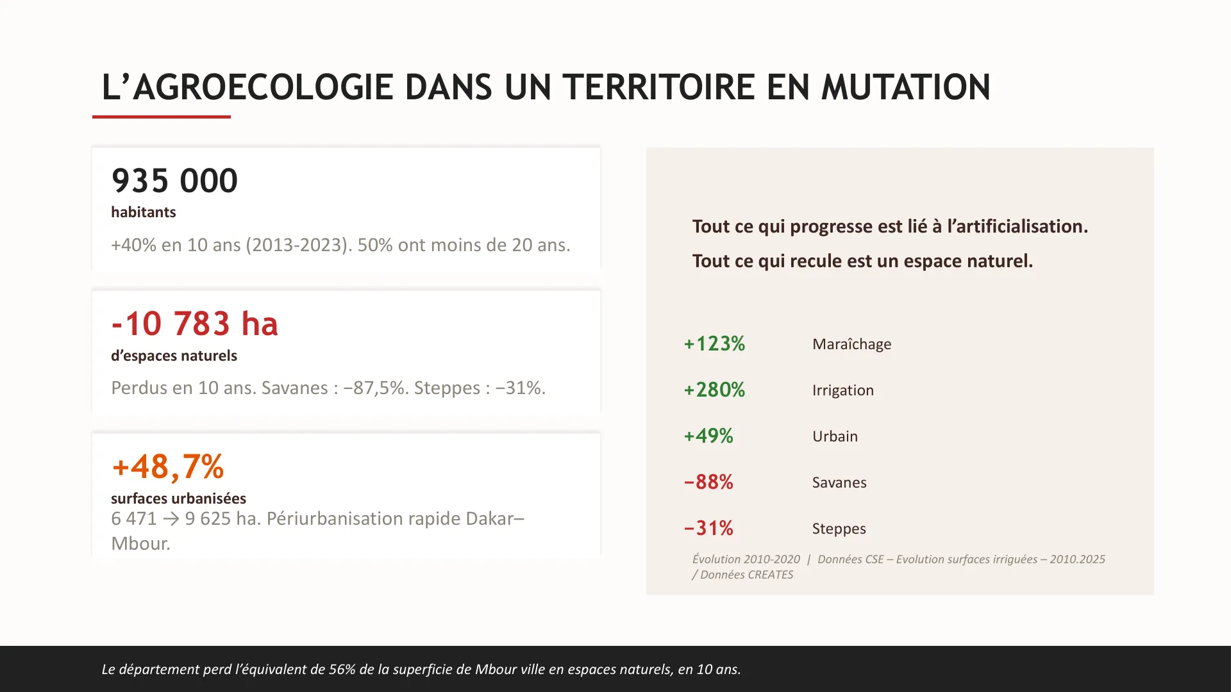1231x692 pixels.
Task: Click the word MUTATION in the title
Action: click(x=905, y=87)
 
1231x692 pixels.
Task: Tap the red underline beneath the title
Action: click(x=162, y=117)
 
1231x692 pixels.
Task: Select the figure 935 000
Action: click(x=174, y=181)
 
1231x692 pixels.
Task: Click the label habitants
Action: click(x=143, y=212)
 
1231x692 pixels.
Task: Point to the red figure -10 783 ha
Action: click(x=195, y=324)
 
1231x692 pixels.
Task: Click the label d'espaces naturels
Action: click(x=174, y=356)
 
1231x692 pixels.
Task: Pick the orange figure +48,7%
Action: click(x=168, y=466)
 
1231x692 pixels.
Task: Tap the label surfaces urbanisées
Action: click(x=178, y=498)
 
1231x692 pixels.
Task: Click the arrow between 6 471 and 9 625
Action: click(x=171, y=519)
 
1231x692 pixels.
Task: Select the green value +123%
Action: click(x=714, y=344)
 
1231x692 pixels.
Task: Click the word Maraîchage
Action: click(x=851, y=344)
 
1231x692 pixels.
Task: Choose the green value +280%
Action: click(x=714, y=390)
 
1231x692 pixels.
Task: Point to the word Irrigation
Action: click(x=842, y=390)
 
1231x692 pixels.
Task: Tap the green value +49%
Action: click(x=708, y=436)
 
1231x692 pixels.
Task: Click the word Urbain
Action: click(x=835, y=436)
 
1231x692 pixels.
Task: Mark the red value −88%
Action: click(x=708, y=482)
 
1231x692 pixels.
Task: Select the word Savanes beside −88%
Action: click(x=839, y=482)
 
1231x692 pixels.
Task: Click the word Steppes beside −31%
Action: click(x=839, y=529)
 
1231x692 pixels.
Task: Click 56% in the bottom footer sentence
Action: click(x=342, y=670)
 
